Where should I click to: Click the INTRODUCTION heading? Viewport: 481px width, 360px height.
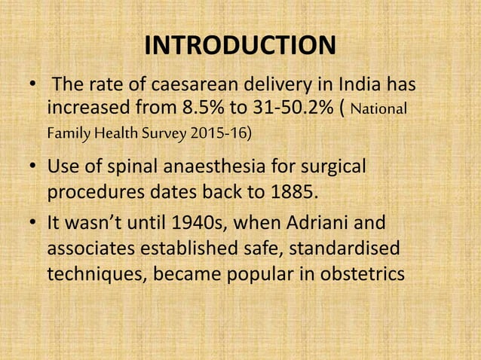click(240, 46)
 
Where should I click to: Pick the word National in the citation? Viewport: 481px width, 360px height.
click(380, 111)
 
